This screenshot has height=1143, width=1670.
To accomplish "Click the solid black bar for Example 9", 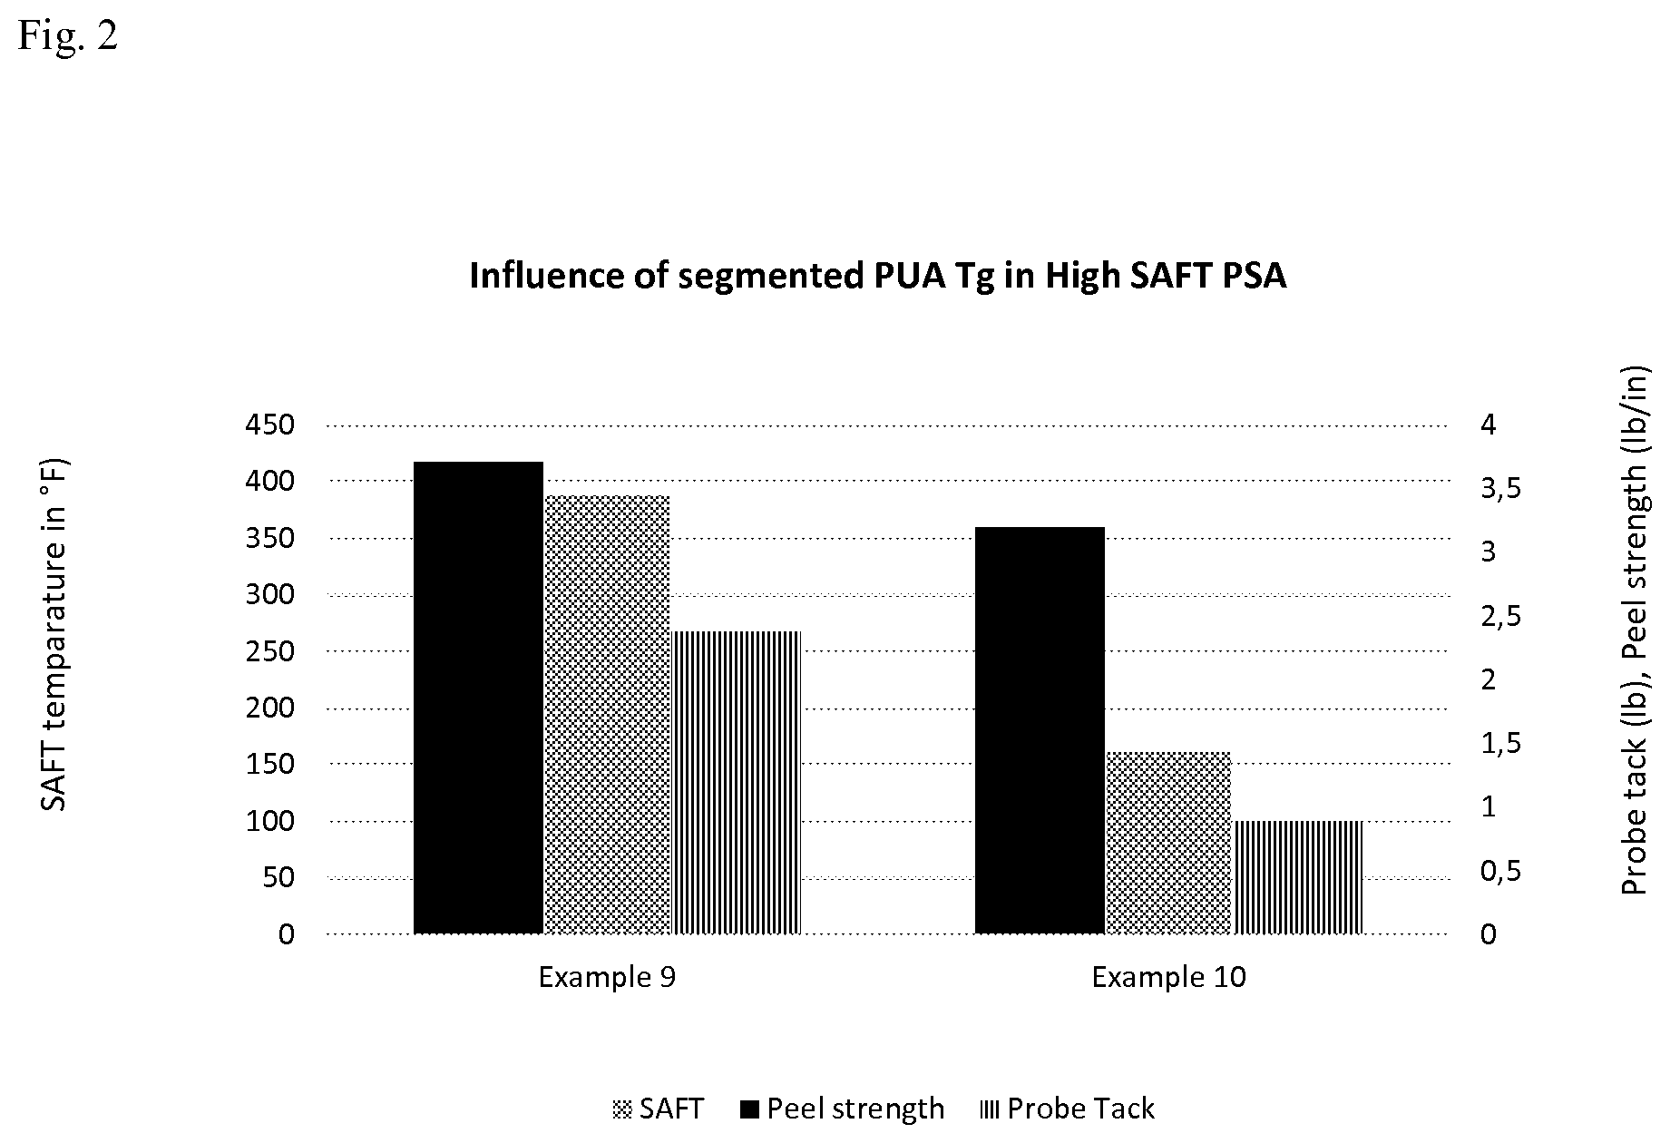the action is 478,698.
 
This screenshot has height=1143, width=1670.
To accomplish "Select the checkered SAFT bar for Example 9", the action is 607,715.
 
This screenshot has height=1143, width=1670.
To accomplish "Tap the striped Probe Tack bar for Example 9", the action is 737,782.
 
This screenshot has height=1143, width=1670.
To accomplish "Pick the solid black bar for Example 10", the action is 1040,730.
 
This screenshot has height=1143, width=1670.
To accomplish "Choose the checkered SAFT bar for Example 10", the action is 1168,843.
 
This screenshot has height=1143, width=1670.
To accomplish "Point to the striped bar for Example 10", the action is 1298,877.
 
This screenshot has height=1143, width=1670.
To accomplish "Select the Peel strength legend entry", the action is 843,1109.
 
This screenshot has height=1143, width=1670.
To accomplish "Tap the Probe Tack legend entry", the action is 1068,1109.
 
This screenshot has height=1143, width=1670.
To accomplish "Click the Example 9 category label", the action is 607,977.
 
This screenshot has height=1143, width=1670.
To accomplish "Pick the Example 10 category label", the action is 1168,977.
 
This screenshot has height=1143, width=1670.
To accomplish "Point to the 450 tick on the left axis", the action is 270,425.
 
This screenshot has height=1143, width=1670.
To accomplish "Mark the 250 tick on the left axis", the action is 270,651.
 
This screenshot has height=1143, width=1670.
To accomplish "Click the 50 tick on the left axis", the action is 278,877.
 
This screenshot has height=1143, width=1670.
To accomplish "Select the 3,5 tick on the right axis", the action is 1500,490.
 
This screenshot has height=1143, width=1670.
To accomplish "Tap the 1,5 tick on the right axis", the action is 1500,744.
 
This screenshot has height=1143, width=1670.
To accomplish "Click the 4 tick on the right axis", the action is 1489,425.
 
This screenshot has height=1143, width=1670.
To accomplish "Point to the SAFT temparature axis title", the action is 54,634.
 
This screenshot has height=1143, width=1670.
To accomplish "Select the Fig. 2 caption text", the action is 68,36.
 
